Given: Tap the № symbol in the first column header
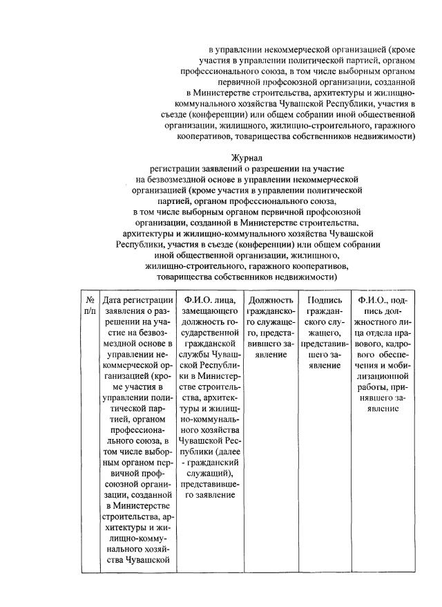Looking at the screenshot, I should click(90, 300).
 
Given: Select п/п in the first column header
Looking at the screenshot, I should click(90, 312).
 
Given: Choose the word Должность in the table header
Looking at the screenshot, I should click(269, 300).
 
